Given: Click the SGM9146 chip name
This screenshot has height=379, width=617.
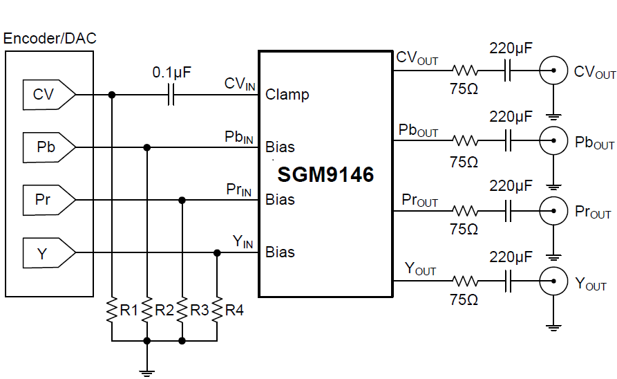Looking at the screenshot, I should click(325, 174).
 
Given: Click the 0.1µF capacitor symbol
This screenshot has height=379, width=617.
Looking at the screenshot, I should click(171, 94).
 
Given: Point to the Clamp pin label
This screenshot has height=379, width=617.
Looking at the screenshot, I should click(287, 94).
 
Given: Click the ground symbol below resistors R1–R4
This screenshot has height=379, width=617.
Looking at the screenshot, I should click(146, 372).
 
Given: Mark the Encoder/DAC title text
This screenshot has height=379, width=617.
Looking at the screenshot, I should click(50, 39).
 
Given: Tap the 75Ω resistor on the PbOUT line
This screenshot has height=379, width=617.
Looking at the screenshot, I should click(465, 141).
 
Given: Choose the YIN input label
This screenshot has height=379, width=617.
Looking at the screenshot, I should click(243, 241).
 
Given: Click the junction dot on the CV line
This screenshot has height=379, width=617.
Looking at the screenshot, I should click(111, 94).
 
